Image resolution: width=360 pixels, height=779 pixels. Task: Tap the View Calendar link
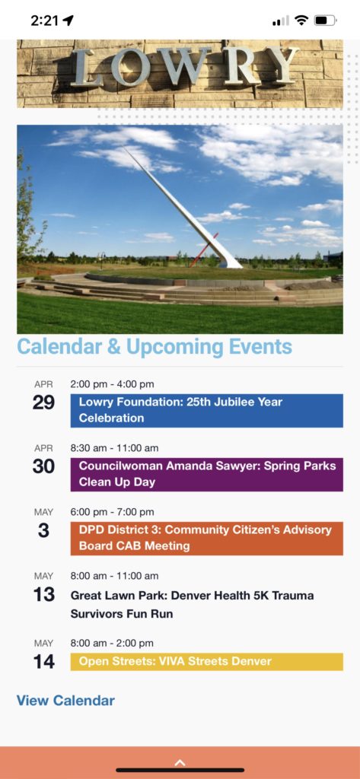65,701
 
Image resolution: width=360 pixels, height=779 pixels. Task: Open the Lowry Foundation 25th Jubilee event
206,410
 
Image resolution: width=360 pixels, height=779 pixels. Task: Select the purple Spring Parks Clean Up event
206,475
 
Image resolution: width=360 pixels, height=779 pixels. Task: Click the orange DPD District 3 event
206,538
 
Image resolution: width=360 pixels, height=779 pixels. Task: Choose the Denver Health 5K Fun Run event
192,604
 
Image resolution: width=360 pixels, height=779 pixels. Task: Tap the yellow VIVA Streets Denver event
206,662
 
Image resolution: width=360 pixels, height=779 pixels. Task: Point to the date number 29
43,402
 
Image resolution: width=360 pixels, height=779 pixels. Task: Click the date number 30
43,466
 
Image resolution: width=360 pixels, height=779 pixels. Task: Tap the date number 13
43,594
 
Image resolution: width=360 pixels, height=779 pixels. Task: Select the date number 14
43,661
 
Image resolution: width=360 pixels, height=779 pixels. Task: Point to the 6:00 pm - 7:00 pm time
113,512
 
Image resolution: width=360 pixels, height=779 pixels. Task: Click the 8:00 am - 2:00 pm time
113,643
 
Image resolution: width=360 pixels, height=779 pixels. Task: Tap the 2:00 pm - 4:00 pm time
113,384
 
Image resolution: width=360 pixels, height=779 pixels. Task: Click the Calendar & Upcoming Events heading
155,347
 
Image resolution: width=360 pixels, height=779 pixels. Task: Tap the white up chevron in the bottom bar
180,762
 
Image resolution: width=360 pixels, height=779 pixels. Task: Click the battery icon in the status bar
325,21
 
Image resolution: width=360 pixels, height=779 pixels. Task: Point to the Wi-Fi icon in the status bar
301,21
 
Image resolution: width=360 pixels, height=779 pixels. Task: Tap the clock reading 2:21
45,21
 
